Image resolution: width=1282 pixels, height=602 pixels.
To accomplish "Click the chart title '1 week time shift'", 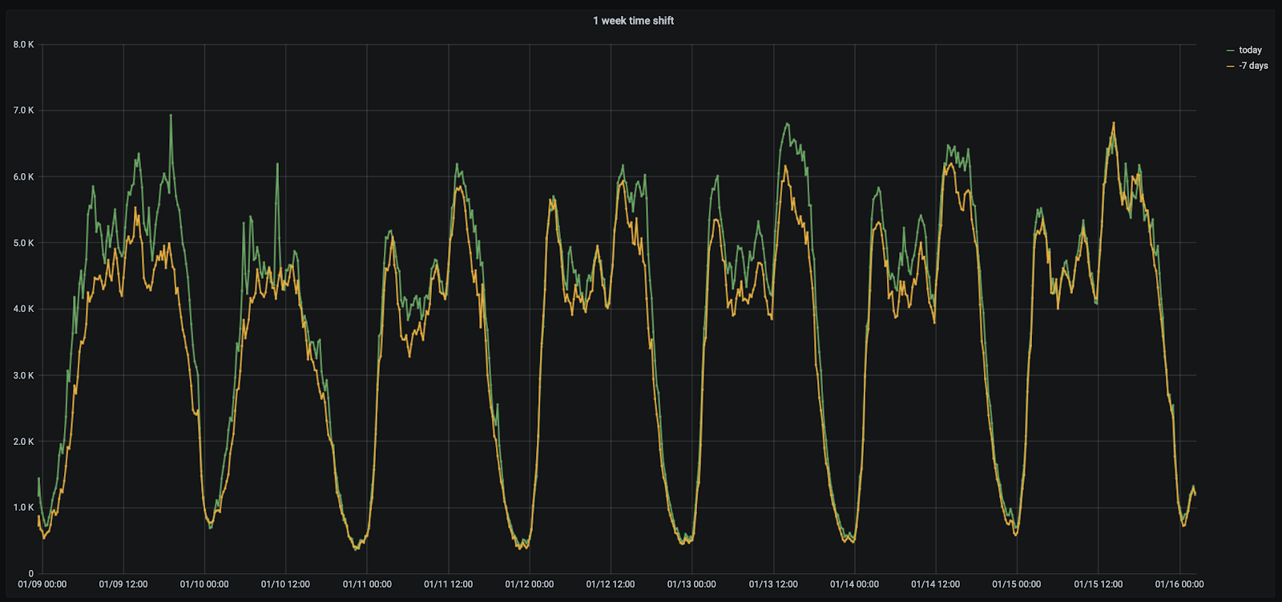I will (x=633, y=21).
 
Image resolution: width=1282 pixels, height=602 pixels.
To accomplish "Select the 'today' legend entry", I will (x=1249, y=50).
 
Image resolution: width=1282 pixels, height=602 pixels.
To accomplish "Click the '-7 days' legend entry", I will (x=1252, y=66).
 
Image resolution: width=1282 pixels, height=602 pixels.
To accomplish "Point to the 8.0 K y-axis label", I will (x=23, y=45).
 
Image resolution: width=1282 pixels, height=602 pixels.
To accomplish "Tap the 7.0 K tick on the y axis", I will (x=23, y=111).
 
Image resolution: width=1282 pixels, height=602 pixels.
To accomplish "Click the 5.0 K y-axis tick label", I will (x=23, y=243).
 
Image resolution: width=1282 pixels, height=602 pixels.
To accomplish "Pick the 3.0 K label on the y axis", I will (x=23, y=375).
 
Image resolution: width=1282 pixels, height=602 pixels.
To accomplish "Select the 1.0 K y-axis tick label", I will (x=23, y=507).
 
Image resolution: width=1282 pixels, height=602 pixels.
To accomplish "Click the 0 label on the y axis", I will (x=31, y=573).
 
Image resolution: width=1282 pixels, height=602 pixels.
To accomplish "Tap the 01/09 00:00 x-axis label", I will (x=42, y=584).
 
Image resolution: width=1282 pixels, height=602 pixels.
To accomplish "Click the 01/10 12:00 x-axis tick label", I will (x=285, y=584).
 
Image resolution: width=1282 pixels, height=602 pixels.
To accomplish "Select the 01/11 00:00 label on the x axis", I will (x=367, y=584).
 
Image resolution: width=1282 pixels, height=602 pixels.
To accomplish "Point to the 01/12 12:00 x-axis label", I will (x=611, y=584).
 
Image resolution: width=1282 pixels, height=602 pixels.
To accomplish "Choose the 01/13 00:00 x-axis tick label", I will (x=691, y=584).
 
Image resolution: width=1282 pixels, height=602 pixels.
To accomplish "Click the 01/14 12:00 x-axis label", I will (x=935, y=584).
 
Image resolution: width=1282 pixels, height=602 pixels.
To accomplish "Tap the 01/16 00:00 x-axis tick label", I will (x=1179, y=584).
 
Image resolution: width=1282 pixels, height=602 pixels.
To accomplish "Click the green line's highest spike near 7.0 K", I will (x=171, y=115).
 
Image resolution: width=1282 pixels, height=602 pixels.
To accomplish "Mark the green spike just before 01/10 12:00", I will (x=277, y=164).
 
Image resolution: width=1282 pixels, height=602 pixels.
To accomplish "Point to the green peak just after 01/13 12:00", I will (x=787, y=123).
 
